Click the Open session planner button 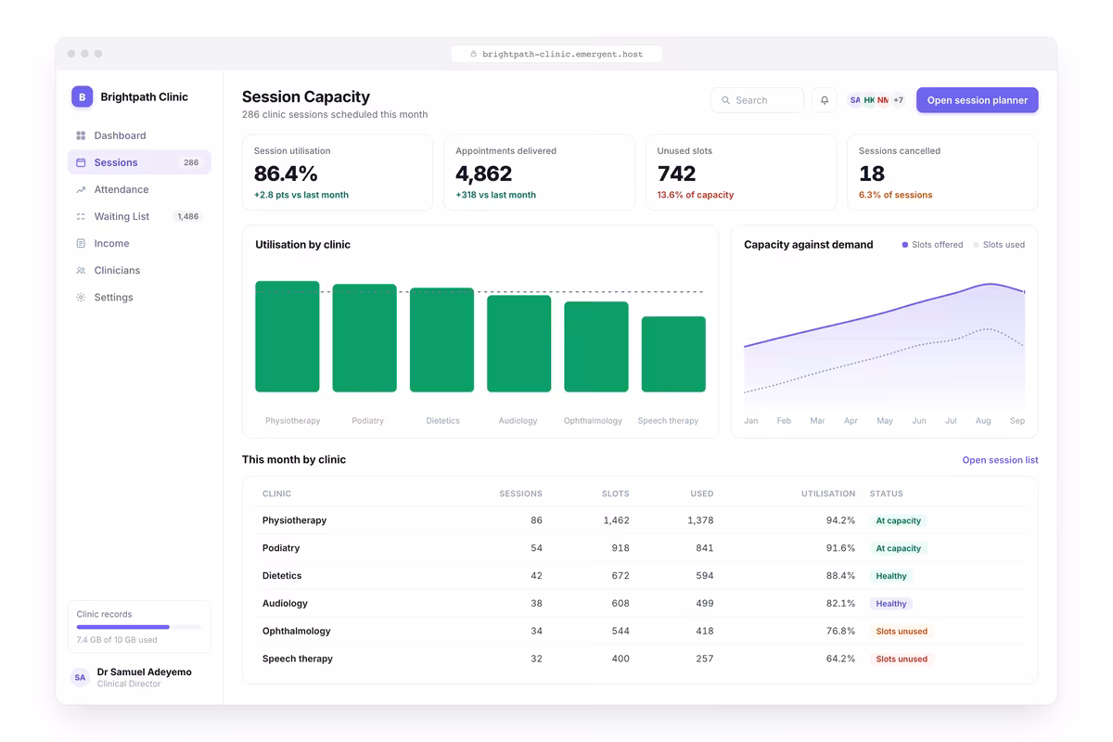click(977, 100)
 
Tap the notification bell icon click(825, 100)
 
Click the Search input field click(757, 100)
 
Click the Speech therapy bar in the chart click(673, 354)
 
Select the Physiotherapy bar click(288, 337)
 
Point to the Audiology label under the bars click(518, 420)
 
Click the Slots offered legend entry click(932, 245)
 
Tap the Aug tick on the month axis click(983, 420)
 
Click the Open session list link click(1000, 460)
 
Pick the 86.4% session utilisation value click(286, 173)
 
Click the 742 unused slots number click(676, 173)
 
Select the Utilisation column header click(827, 493)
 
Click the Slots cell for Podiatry click(620, 547)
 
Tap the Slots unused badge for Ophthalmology click(902, 632)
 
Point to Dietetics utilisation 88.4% click(840, 575)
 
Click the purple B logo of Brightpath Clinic click(82, 96)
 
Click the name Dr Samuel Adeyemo click(144, 672)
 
